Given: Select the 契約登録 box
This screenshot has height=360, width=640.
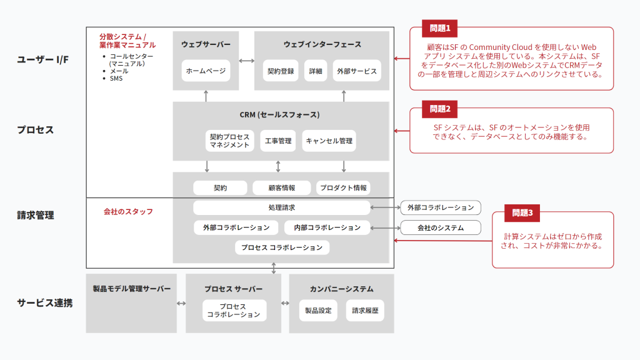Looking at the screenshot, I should [279, 71].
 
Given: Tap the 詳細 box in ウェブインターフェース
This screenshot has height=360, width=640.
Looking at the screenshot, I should [316, 71].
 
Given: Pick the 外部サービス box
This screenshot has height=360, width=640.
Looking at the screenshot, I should [356, 71].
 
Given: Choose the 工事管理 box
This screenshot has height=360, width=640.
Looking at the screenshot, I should [278, 141].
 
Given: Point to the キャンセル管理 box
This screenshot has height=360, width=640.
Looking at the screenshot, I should [329, 141].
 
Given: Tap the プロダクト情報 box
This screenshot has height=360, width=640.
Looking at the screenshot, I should [343, 187].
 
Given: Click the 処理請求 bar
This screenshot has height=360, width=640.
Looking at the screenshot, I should [281, 207].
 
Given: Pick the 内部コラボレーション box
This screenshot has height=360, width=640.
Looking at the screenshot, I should [327, 227].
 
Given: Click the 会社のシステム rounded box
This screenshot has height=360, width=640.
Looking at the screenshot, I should [441, 227].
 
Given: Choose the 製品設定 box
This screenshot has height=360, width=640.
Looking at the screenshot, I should [318, 310].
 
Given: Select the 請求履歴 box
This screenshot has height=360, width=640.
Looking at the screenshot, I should [365, 310].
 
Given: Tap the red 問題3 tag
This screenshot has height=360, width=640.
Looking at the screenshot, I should [522, 212].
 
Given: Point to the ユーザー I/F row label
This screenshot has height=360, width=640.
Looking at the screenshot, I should [43, 60].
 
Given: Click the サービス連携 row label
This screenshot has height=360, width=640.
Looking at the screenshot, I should [44, 303].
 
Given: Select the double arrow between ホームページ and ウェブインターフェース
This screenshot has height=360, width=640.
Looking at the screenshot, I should [246, 61].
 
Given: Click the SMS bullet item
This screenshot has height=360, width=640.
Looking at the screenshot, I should [116, 79].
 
